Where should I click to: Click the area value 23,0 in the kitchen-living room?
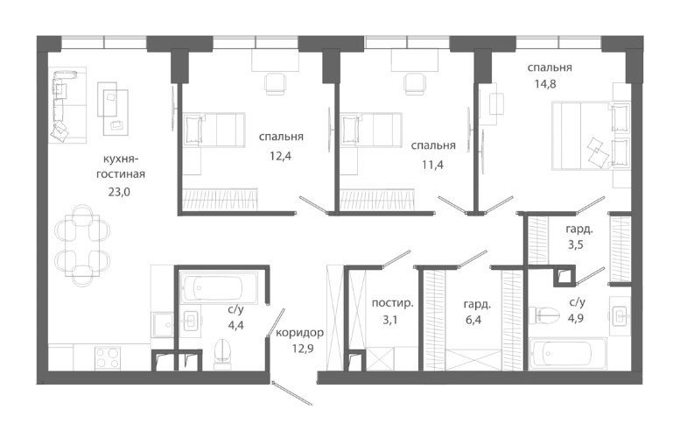[x=119, y=192]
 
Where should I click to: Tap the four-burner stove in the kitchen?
[x=107, y=357]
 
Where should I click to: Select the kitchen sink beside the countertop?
[x=164, y=324]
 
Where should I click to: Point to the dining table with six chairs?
[x=82, y=245]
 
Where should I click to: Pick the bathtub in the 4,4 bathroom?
[x=219, y=287]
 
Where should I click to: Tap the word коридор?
[x=299, y=333]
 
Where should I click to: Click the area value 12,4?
[x=281, y=156]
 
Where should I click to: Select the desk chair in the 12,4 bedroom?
[x=275, y=83]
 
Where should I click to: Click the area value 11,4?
[x=433, y=165]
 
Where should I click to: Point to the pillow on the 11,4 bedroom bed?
[x=350, y=131]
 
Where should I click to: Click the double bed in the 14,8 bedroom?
[x=590, y=136]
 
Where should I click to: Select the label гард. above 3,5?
[x=579, y=229]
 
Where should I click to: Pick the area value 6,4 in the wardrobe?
[x=473, y=321]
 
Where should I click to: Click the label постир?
[x=392, y=303]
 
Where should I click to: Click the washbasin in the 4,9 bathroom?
[x=620, y=315]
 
